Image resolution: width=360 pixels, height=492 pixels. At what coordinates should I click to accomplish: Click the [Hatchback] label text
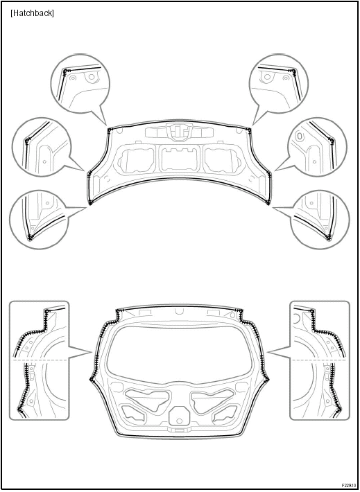(32, 13)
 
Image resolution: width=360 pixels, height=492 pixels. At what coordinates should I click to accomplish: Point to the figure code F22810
(349, 485)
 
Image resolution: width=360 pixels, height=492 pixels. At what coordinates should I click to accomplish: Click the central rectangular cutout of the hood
(180, 159)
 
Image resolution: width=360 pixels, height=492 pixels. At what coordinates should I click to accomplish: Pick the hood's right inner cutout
(222, 159)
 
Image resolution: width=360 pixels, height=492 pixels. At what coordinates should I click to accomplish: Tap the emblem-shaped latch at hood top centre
(179, 132)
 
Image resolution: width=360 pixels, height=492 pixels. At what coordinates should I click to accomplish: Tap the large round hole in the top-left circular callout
(92, 76)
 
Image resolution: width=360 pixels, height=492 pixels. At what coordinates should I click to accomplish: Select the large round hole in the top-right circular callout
(267, 76)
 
